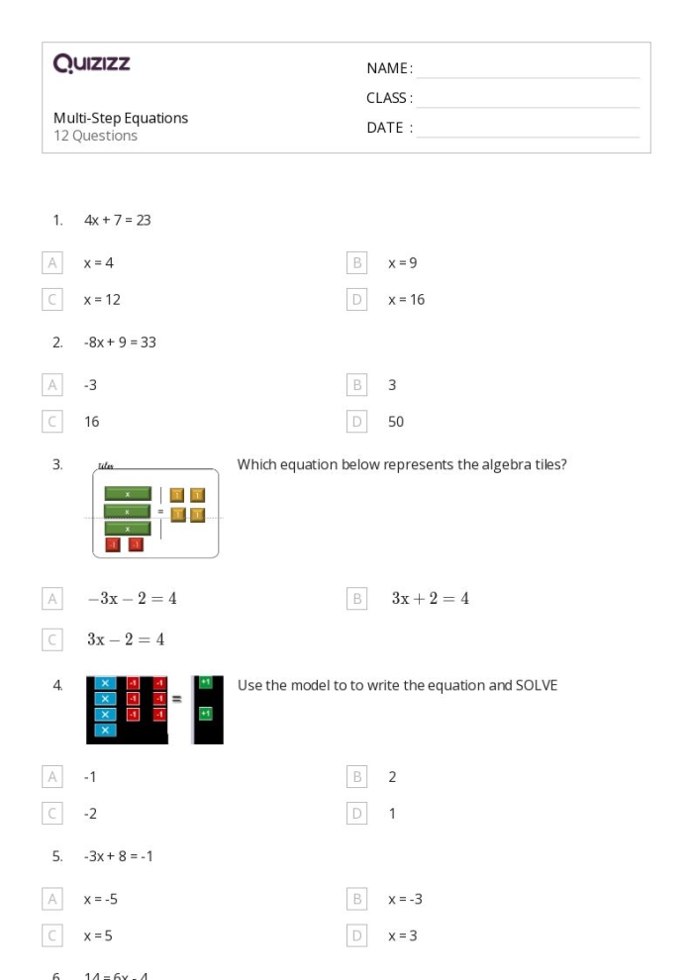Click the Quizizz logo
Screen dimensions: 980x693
[92, 65]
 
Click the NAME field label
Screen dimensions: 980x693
[389, 68]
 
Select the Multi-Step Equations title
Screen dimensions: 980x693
[120, 118]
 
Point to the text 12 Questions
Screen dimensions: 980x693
[95, 136]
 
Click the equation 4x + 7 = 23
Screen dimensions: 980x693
[117, 220]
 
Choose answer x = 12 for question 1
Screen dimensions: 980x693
[102, 299]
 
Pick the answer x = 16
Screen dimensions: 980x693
[406, 299]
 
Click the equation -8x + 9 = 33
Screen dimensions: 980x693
[120, 343]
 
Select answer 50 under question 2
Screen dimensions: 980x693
[395, 422]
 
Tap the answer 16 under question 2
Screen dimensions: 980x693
[92, 422]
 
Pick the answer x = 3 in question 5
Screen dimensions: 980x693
[402, 934]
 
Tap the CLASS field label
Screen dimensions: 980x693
[389, 98]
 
